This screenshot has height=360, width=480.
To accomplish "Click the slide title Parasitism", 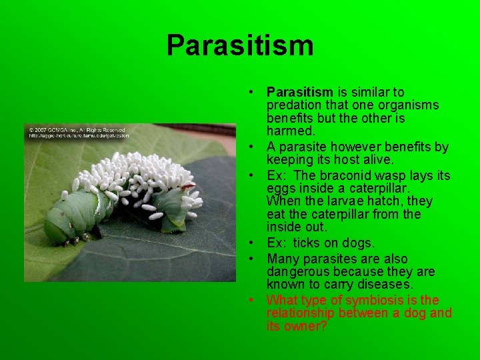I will pyautogui.click(x=240, y=45).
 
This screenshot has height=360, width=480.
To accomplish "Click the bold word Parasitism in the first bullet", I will pyautogui.click(x=299, y=92).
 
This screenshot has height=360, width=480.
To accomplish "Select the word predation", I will pyautogui.click(x=294, y=105).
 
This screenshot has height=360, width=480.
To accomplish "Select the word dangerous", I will pyautogui.click(x=295, y=271).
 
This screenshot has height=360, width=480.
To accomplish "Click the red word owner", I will pyautogui.click(x=308, y=327).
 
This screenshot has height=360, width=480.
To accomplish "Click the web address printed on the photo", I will pyautogui.click(x=76, y=136).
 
